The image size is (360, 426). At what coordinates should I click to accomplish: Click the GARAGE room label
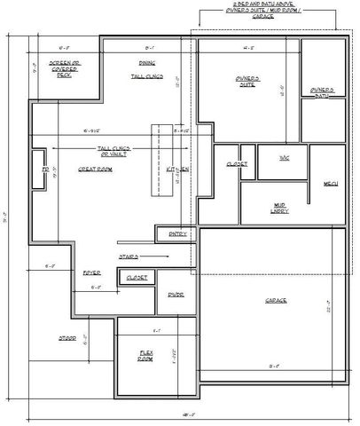coord(276,301)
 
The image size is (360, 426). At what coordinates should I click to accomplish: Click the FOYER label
coord(91,272)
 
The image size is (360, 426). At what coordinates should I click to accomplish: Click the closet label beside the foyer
coord(136,277)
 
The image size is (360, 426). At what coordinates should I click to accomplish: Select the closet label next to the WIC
coord(236,164)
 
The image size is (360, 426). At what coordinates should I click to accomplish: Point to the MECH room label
coord(331,185)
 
